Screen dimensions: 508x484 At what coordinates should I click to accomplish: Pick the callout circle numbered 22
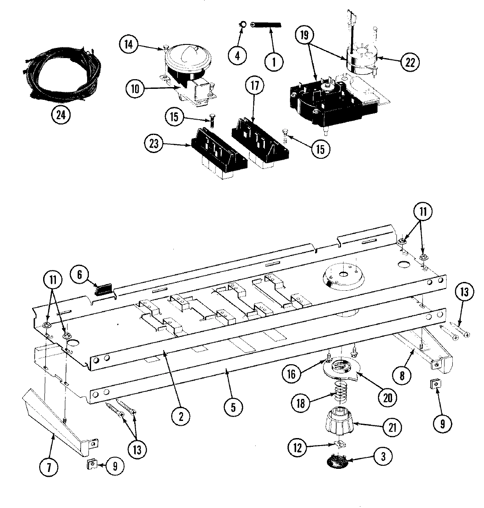[x=410, y=62]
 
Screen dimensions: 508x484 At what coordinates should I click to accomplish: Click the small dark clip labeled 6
[x=104, y=289]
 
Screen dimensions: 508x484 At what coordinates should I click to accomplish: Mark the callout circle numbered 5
[x=233, y=407]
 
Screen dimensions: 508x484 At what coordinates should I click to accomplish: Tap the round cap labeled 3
[x=338, y=460]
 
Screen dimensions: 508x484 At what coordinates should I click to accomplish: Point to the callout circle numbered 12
[x=297, y=448]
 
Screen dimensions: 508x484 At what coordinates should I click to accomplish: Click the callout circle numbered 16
[x=291, y=373]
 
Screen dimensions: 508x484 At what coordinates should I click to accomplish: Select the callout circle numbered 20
[x=387, y=397]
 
